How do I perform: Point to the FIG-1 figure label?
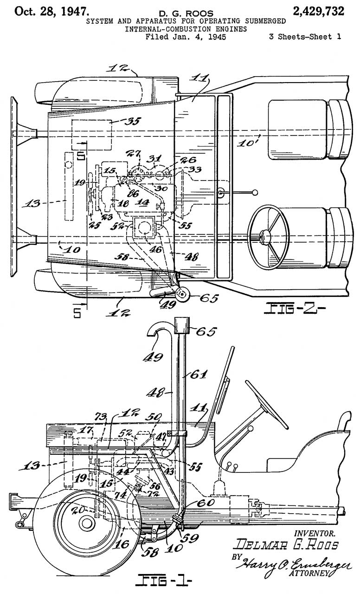click(x=163, y=580)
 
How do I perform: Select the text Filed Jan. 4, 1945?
click(x=186, y=37)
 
